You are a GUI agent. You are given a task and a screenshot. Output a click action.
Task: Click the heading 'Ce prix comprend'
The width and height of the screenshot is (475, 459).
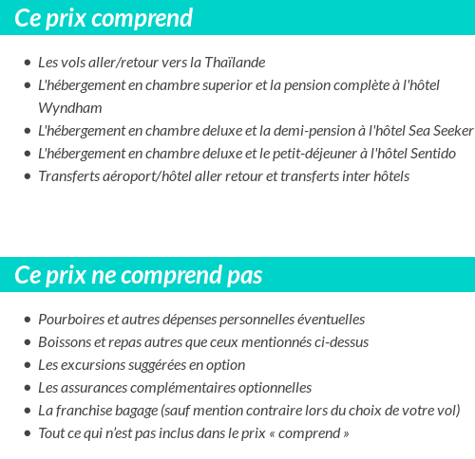coord(104,18)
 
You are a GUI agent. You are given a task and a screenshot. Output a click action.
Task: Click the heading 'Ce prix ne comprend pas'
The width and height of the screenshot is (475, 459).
coord(139,275)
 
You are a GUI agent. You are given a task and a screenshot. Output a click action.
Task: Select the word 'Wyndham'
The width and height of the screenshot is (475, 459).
coord(70,108)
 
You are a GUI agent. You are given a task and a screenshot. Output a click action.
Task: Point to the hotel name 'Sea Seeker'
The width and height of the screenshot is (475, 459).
coord(440,131)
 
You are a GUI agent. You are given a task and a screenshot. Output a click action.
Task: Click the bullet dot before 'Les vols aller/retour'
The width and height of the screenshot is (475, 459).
coord(27,64)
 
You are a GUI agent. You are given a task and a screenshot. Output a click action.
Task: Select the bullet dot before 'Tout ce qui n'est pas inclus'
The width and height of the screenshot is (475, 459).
coord(27,434)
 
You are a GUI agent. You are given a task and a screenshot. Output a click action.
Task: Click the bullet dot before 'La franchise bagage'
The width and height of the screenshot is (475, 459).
coord(27,412)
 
